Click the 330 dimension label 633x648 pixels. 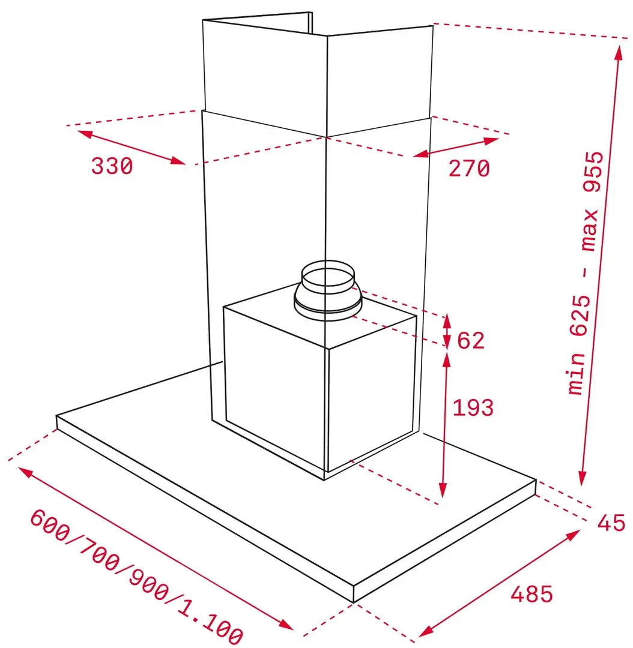coord(112,166)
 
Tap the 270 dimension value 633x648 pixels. coord(469,169)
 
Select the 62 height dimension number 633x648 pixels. coord(471,341)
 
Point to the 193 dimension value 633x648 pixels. coord(473,408)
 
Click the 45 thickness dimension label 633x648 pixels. coord(611,523)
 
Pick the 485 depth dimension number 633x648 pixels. coord(532,594)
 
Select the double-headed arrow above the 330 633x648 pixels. coord(132,148)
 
